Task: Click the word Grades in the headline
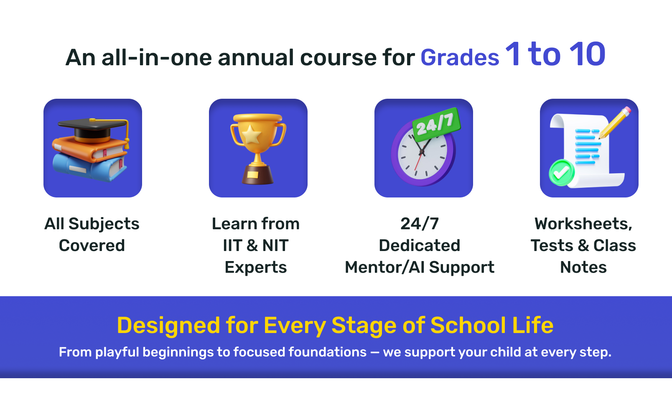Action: click(460, 58)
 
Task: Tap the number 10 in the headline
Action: click(587, 54)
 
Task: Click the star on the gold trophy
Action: click(252, 135)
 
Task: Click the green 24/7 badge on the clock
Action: click(436, 124)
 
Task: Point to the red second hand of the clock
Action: click(418, 161)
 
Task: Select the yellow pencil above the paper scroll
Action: click(615, 123)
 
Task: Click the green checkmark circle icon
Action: click(561, 173)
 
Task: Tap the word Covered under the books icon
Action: click(92, 246)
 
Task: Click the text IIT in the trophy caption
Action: click(232, 246)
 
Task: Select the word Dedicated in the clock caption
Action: click(420, 246)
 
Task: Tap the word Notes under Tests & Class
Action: click(583, 267)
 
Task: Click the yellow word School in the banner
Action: click(468, 325)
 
